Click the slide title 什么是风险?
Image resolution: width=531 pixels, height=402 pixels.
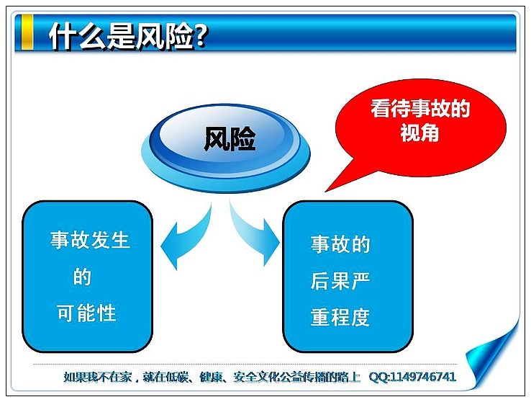[128, 35]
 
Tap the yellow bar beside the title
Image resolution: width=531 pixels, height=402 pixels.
[27, 32]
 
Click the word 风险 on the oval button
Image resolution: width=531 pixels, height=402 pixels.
[230, 138]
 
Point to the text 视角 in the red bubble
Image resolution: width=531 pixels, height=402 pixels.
[419, 132]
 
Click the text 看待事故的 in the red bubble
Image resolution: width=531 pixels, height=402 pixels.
[420, 108]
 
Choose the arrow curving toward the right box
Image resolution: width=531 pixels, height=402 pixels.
[255, 234]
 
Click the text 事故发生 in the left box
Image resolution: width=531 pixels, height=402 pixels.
[90, 240]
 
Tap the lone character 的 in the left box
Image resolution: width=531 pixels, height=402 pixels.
[82, 276]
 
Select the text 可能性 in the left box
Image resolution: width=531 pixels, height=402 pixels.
[86, 313]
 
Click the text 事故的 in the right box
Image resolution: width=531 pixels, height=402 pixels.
[340, 244]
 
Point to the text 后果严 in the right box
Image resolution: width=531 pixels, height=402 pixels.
[340, 281]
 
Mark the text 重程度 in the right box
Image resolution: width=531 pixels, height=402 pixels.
[340, 317]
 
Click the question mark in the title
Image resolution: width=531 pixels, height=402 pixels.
[201, 35]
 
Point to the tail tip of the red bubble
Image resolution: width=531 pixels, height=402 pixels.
[325, 192]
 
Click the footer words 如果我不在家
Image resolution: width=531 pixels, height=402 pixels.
[97, 377]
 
